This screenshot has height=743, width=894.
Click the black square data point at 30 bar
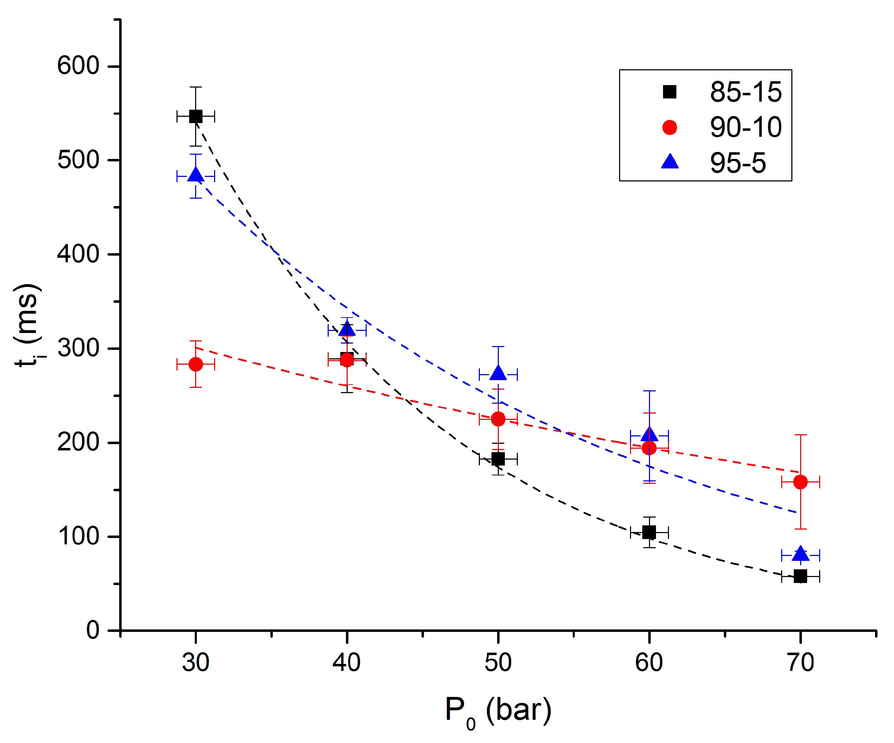tap(195, 116)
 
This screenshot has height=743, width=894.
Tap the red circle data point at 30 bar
tap(195, 364)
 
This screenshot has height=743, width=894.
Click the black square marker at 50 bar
tap(498, 459)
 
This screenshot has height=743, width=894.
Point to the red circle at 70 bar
tap(800, 482)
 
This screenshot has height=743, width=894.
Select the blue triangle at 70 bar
tap(800, 554)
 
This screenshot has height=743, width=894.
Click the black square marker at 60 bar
tap(649, 532)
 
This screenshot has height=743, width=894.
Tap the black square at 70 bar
tap(800, 577)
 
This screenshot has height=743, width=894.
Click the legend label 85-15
tap(745, 92)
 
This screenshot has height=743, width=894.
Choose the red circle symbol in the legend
tap(670, 127)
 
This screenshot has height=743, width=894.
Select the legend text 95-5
tap(738, 163)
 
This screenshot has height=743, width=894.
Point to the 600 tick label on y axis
tap(78, 66)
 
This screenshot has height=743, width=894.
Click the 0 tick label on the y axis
tap(93, 630)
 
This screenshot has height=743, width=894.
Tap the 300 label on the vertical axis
tap(78, 348)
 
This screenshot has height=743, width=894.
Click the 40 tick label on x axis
tap(347, 663)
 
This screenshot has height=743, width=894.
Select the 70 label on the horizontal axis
tap(800, 663)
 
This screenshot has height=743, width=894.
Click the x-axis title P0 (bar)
tap(498, 710)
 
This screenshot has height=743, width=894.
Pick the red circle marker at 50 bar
tap(498, 419)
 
